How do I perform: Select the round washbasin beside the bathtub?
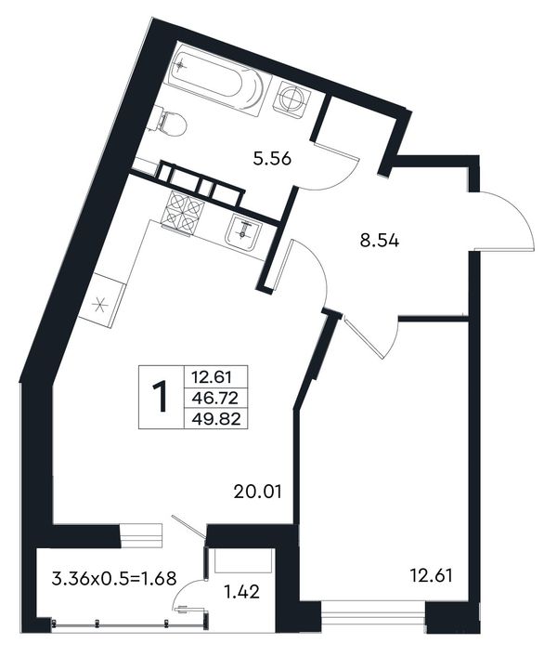point(291,98)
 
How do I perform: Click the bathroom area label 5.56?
point(272,159)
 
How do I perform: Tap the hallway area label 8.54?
point(380,241)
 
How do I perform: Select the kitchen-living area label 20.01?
point(257,492)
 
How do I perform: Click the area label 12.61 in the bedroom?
point(431,576)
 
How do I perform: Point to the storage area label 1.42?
point(242,592)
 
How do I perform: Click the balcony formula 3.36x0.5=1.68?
point(114,579)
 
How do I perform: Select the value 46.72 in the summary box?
point(215,398)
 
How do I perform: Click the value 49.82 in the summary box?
point(216,419)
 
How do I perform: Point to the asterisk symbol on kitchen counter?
point(99,304)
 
